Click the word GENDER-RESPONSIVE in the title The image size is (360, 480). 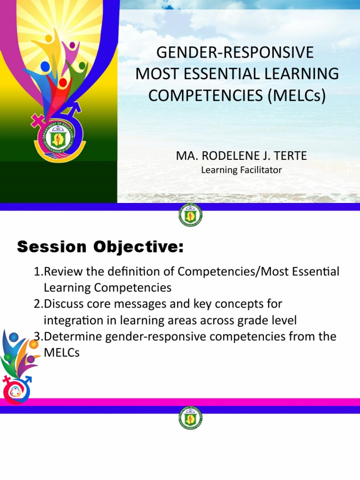click(x=235, y=52)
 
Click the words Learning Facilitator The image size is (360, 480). click(x=241, y=170)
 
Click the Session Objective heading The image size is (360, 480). click(x=100, y=247)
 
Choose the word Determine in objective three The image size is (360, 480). click(x=69, y=337)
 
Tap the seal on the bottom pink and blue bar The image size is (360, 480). click(x=190, y=419)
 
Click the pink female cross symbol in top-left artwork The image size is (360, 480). click(x=37, y=121)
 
